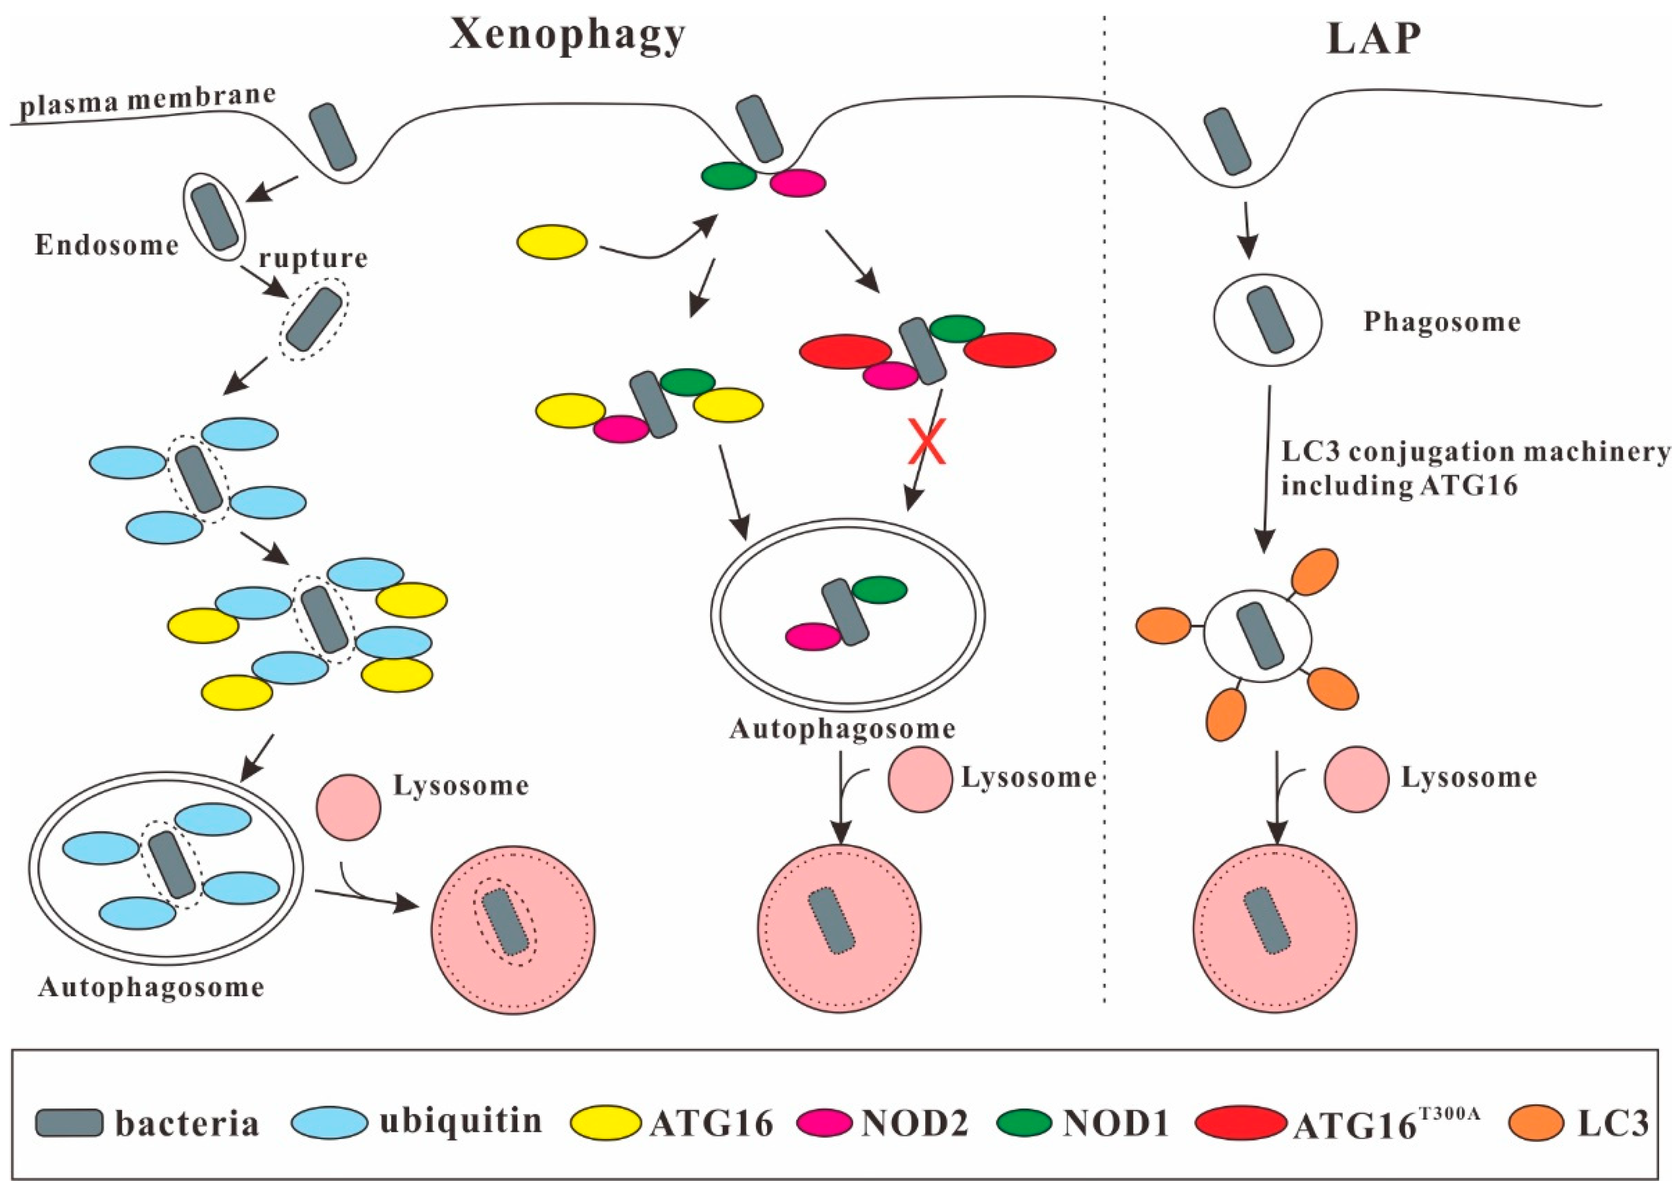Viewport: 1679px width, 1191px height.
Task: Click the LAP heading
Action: coord(1373,40)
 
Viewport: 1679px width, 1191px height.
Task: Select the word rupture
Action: coord(313,259)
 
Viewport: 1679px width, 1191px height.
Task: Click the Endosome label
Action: coord(107,245)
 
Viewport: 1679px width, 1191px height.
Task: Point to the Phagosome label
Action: coord(1441,322)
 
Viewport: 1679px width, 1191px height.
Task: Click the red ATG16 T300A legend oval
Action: coord(1240,1123)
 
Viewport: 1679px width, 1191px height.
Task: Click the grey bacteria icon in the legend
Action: coord(70,1123)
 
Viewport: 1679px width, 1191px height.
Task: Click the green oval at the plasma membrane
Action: coord(728,176)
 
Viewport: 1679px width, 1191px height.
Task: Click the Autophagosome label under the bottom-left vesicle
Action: coord(151,988)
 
